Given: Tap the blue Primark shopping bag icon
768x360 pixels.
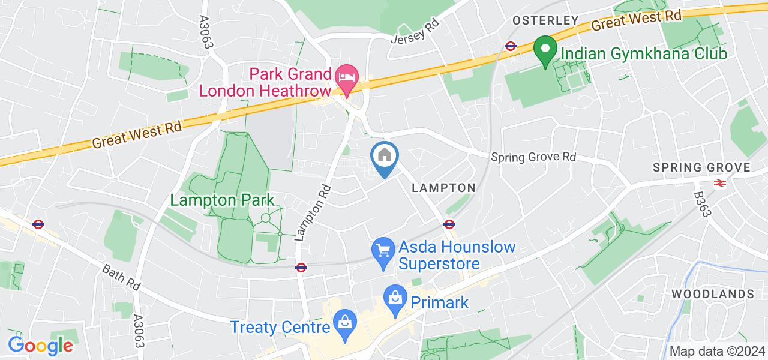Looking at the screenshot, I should tap(395, 298).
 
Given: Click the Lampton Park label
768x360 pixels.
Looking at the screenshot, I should tap(222, 200).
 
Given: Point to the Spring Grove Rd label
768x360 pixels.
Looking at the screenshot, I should tap(533, 157).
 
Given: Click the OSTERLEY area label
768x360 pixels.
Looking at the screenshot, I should tap(545, 21).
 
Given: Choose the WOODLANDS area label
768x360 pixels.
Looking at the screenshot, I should tap(712, 294).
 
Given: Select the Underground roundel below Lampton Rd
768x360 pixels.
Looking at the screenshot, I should tap(301, 268).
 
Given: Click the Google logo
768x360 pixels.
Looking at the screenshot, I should tap(40, 345).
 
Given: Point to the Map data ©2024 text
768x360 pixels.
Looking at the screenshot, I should tap(718, 352).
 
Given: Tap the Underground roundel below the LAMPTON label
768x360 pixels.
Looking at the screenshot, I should tap(448, 224).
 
